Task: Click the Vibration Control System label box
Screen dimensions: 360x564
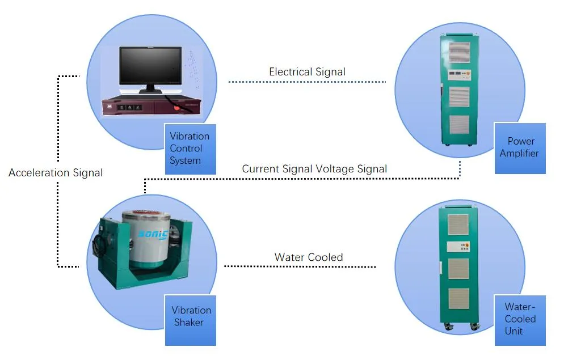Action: click(x=190, y=149)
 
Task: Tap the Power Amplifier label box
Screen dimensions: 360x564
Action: click(x=519, y=148)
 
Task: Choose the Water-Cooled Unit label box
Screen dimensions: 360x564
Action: click(x=519, y=320)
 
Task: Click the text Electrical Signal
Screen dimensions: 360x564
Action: click(x=307, y=72)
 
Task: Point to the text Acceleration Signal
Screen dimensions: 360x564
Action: click(x=56, y=173)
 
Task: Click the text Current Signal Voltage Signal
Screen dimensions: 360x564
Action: click(x=314, y=169)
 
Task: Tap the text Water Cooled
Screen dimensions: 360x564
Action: click(x=309, y=257)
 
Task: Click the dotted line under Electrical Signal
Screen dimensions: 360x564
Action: click(x=307, y=82)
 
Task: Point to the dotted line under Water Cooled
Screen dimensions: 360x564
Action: click(x=300, y=266)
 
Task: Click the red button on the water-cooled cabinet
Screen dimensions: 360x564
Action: click(x=467, y=247)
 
